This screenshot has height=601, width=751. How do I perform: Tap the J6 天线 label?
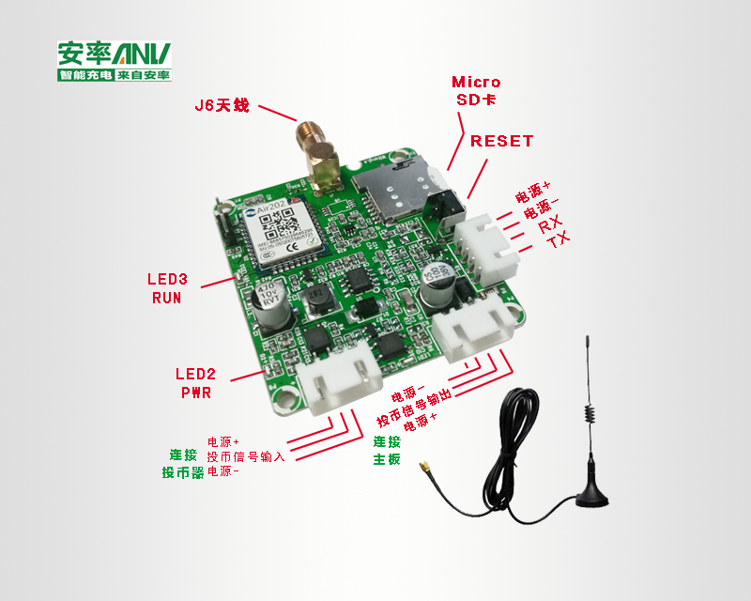[222, 105]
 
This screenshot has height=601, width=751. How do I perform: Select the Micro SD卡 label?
[476, 90]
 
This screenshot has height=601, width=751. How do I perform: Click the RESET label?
[501, 142]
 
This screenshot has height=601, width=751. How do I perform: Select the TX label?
[558, 241]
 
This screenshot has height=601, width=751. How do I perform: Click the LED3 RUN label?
[167, 288]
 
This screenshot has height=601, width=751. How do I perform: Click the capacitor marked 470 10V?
[268, 302]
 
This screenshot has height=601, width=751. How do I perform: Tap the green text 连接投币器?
[183, 463]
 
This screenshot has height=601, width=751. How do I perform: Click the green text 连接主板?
[387, 451]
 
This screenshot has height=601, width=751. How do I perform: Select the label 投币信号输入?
[245, 455]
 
